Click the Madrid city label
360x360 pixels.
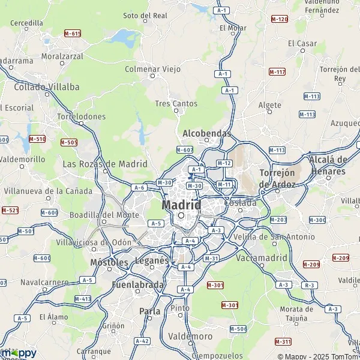[181, 205]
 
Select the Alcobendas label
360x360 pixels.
[206, 133]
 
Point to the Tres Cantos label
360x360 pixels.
[176, 103]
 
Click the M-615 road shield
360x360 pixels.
[73, 33]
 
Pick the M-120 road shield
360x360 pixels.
[280, 19]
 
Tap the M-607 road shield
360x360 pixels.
[184, 149]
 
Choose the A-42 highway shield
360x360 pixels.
[142, 341]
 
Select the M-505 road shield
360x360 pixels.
[69, 142]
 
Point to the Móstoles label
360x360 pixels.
[109, 262]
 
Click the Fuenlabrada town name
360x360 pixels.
[138, 284]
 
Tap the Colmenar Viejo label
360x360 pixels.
[152, 69]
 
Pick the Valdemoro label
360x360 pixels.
[190, 336]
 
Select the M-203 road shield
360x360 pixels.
[278, 220]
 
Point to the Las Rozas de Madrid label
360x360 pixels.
[105, 164]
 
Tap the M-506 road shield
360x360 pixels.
[238, 329]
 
